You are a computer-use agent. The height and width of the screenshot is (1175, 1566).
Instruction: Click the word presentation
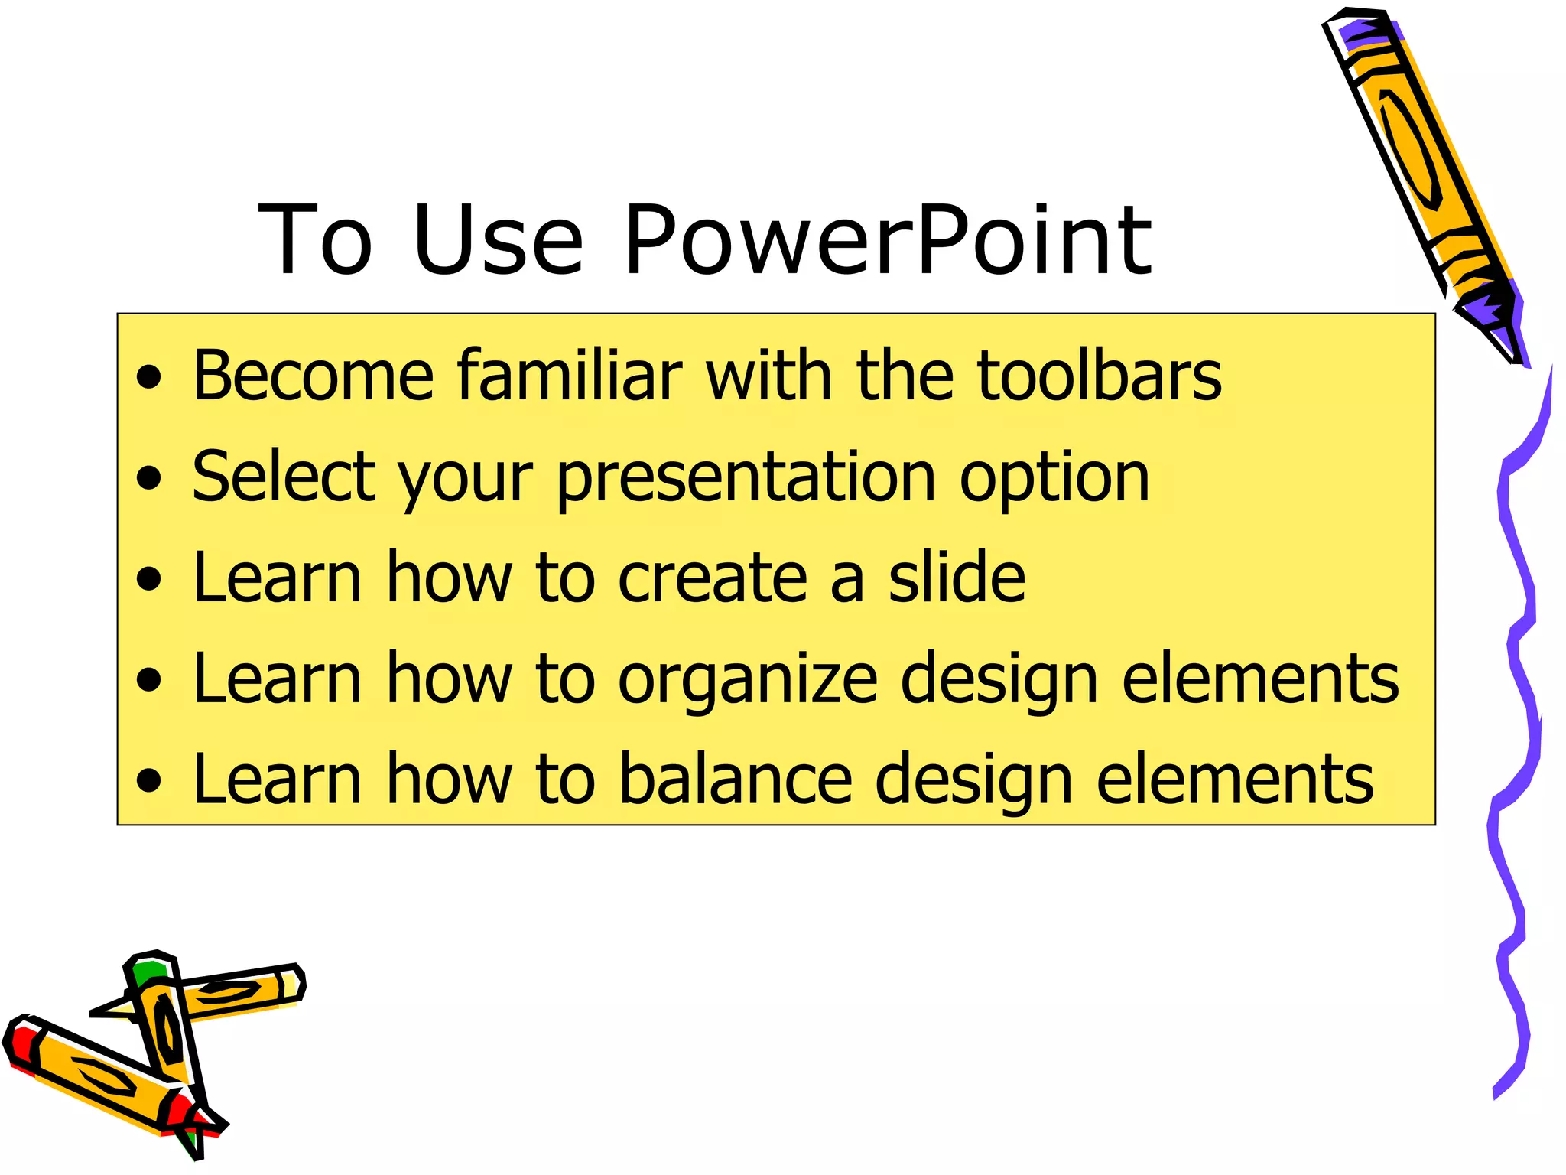click(x=746, y=478)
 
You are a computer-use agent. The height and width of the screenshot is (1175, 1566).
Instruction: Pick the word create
click(x=712, y=578)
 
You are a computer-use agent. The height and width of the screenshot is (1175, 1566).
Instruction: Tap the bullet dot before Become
click(x=150, y=378)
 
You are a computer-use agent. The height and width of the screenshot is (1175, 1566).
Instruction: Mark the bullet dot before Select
click(x=150, y=479)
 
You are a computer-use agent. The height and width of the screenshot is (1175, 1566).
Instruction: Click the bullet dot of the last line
click(x=150, y=781)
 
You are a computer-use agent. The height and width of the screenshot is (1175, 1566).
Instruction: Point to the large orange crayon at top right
click(x=1415, y=153)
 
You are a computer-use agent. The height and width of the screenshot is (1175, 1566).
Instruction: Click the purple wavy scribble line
click(x=1518, y=688)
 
